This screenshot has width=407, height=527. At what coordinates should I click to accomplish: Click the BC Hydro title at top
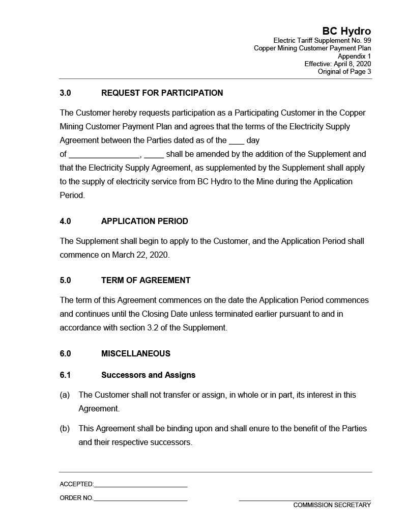(346, 32)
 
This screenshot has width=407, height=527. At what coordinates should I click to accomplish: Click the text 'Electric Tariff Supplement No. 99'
(322, 40)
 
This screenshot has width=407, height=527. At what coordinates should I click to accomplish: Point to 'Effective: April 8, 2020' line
(337, 64)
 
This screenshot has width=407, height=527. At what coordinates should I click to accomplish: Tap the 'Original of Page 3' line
(344, 71)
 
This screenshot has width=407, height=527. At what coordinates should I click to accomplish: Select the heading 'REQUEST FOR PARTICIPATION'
(162, 93)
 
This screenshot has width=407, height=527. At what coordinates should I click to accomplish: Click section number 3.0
(65, 93)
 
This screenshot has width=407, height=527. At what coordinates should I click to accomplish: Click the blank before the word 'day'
(237, 141)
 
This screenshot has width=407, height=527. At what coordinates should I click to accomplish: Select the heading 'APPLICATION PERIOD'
(144, 221)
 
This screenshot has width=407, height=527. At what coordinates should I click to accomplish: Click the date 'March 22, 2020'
(140, 255)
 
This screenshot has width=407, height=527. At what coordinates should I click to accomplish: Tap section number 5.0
(65, 280)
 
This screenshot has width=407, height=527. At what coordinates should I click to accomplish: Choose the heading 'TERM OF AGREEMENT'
(146, 280)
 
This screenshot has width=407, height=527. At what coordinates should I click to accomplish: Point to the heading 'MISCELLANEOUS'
(136, 353)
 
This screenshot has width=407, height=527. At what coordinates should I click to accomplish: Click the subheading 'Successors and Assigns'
(148, 375)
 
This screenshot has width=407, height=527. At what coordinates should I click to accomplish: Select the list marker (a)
(65, 395)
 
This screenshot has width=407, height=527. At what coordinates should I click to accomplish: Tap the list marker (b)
(65, 428)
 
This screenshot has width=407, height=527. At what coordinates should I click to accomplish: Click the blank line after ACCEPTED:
(140, 485)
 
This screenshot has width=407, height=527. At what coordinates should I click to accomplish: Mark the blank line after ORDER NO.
(140, 499)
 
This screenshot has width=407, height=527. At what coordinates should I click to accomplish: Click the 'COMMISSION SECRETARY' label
(332, 505)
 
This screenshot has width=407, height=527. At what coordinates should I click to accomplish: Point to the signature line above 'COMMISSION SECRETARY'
(305, 500)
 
